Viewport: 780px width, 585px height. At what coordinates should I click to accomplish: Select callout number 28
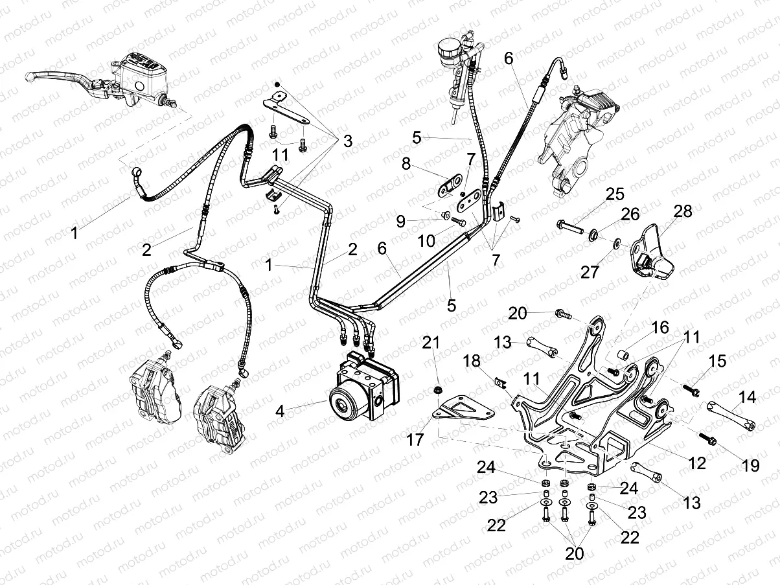point(683,211)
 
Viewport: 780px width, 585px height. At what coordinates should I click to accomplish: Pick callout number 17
point(415,440)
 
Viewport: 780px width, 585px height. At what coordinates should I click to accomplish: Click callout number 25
point(615,194)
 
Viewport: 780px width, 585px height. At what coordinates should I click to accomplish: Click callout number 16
point(660,329)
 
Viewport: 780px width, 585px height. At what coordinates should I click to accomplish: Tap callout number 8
point(407,165)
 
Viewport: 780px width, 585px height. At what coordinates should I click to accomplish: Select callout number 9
point(401,222)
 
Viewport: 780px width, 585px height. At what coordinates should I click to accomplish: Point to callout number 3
point(348,141)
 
